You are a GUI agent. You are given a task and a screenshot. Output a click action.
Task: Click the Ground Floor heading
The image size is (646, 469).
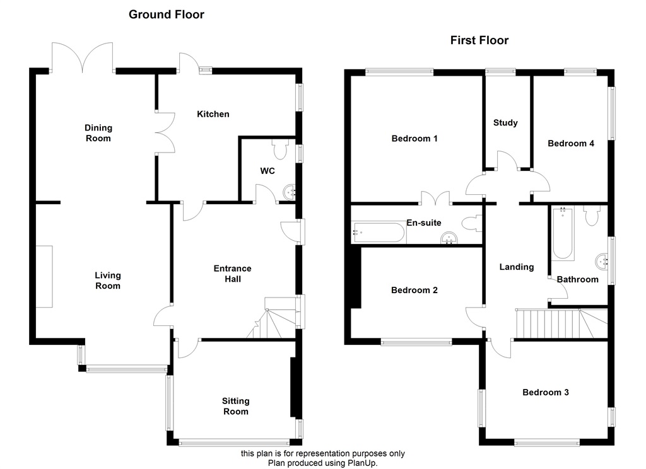(167, 14)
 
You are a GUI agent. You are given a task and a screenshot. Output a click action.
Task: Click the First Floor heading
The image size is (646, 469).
(479, 40)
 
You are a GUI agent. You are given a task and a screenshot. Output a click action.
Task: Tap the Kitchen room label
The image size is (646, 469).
(213, 114)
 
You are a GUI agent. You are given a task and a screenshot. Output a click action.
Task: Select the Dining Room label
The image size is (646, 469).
(98, 133)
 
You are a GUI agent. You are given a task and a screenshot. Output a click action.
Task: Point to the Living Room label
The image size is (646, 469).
(107, 281)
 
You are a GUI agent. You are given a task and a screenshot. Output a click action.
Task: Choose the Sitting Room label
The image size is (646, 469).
(235, 406)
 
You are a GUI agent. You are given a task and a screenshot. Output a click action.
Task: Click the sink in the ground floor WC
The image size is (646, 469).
(290, 192)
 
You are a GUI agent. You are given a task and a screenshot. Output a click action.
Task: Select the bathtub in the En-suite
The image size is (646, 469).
(378, 233)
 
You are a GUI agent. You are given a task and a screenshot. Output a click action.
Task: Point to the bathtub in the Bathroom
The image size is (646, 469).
(563, 234)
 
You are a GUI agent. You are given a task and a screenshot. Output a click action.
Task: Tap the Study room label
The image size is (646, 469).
(505, 122)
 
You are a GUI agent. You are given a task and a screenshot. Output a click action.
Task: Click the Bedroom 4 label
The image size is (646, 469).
(571, 143)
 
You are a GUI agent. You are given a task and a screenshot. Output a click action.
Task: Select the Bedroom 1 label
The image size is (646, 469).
(414, 138)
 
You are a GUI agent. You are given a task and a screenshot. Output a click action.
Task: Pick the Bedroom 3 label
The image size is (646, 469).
(546, 392)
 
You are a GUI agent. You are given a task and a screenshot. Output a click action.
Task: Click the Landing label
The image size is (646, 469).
(517, 267)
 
